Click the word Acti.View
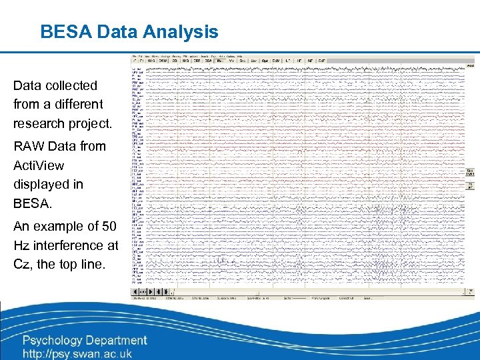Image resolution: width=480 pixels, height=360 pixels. coord(39,165)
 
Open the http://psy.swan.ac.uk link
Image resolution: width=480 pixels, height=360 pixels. coord(77,354)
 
